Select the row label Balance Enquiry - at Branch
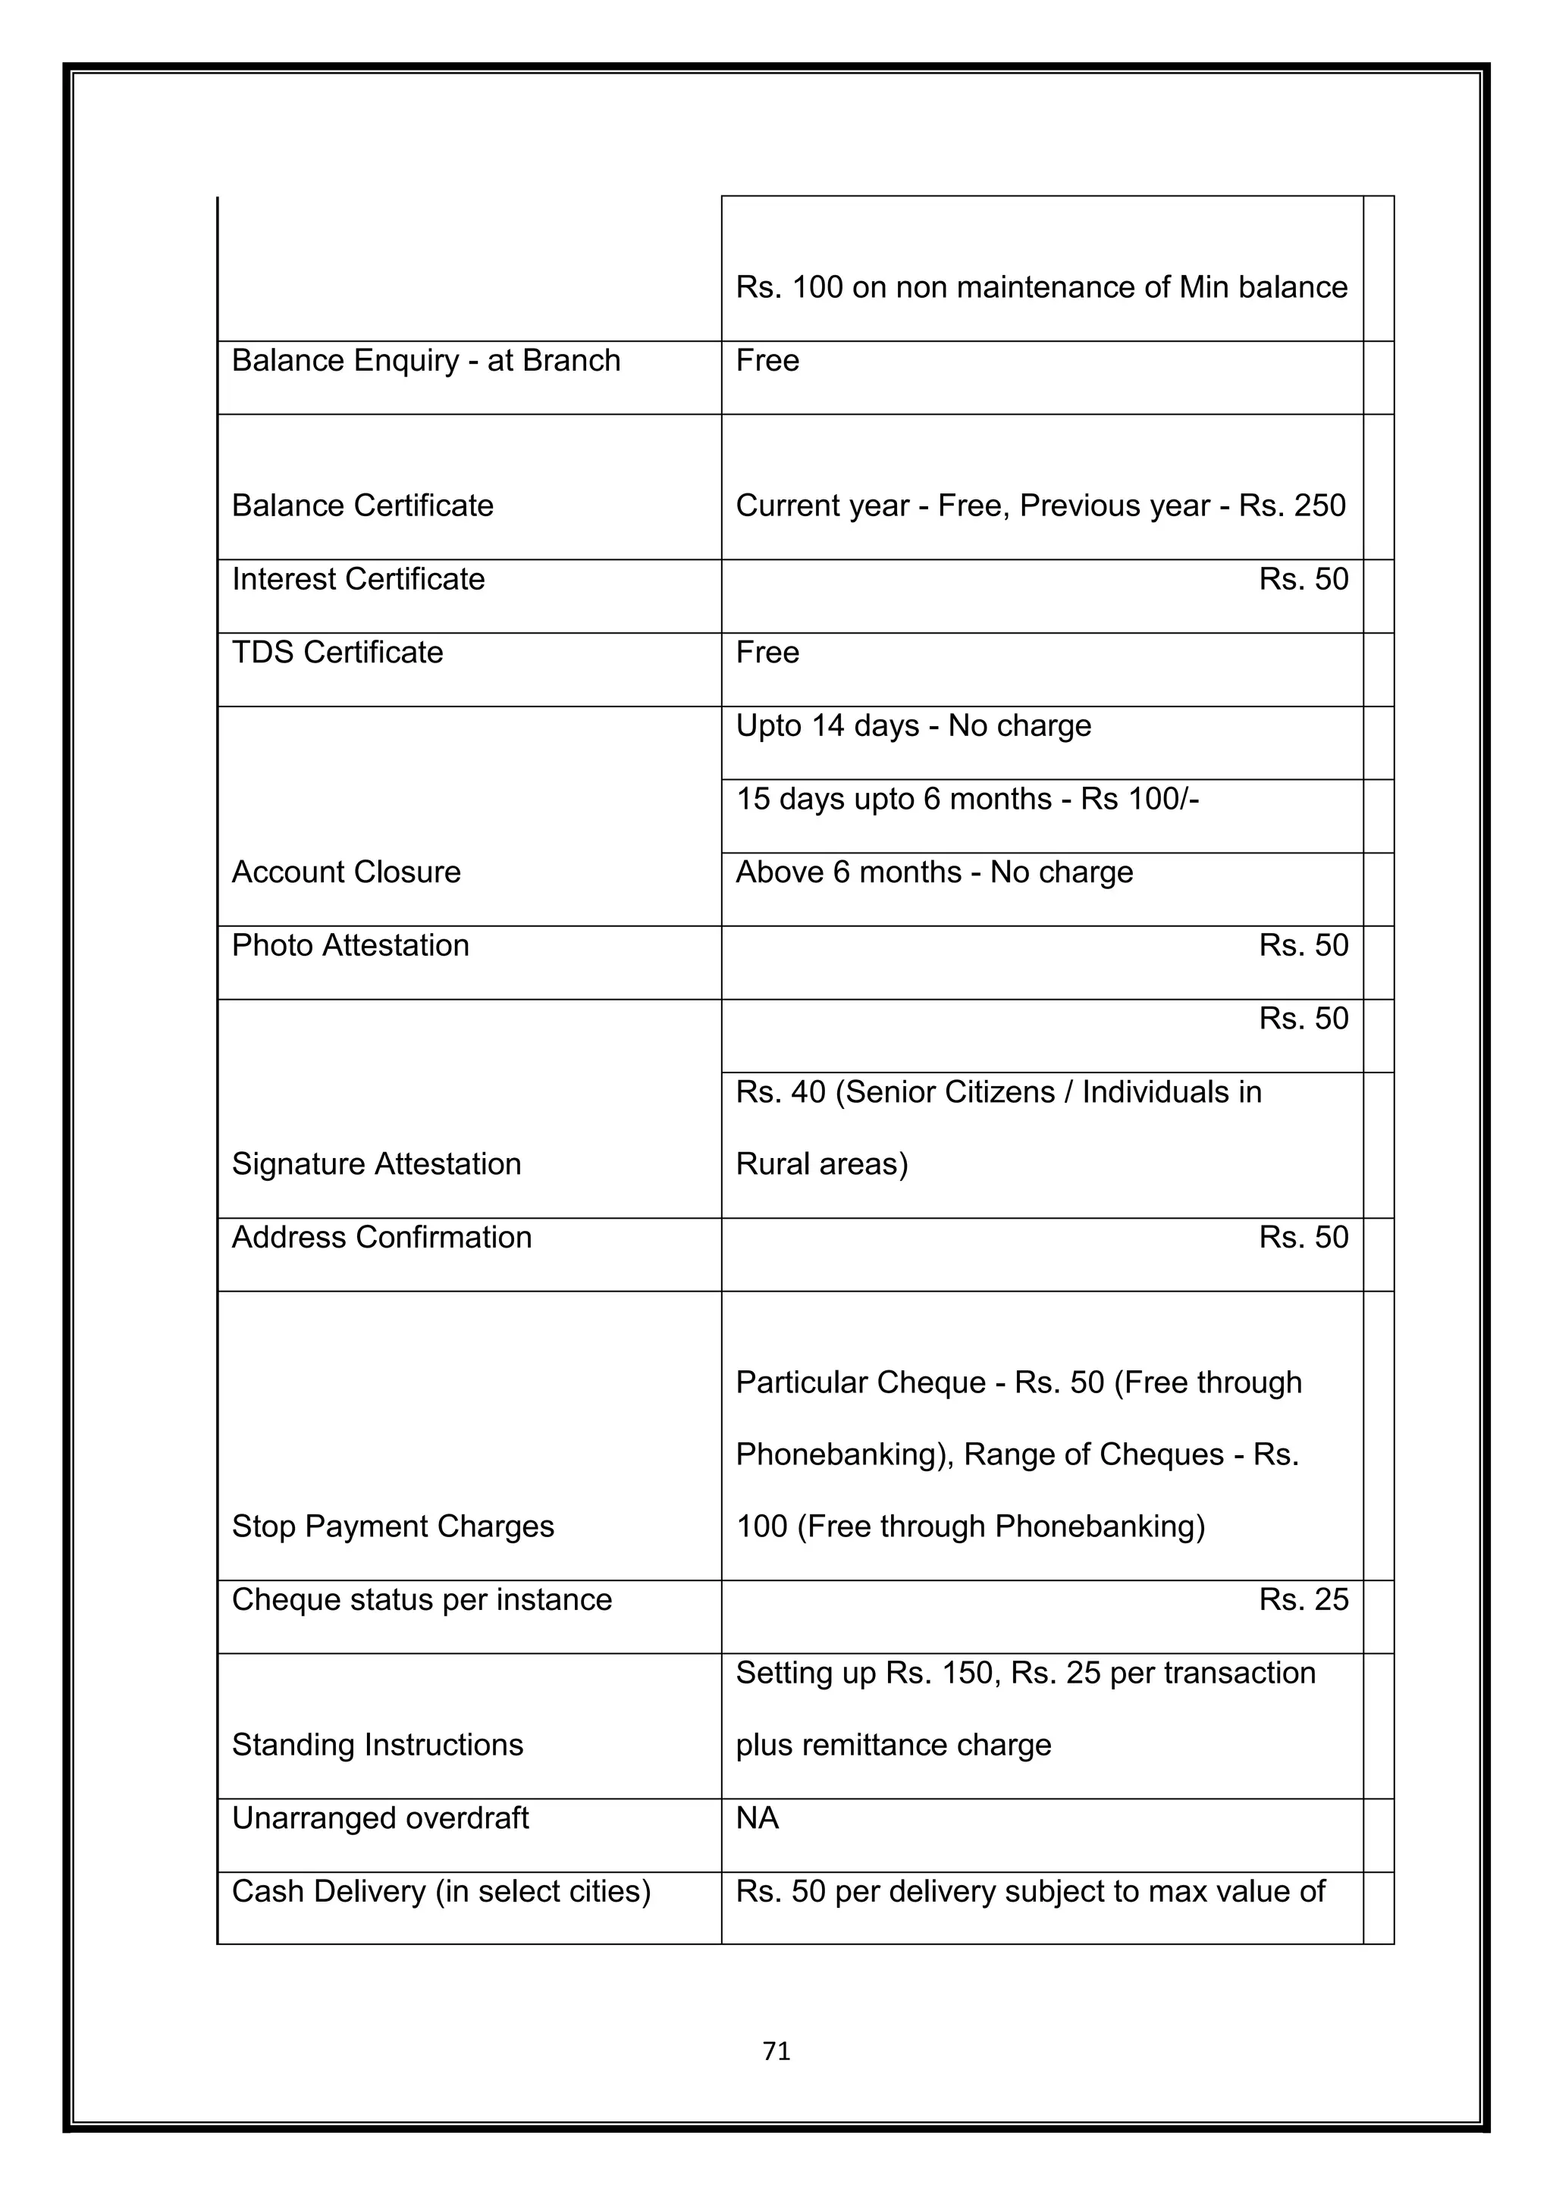pyautogui.click(x=425, y=361)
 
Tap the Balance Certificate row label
pyautogui.click(x=362, y=506)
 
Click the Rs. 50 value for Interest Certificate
pyautogui.click(x=1303, y=579)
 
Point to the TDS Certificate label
pyautogui.click(x=337, y=652)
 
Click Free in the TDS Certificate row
pyautogui.click(x=767, y=652)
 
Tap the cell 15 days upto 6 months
pyautogui.click(x=966, y=798)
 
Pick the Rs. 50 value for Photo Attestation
pyautogui.click(x=1303, y=945)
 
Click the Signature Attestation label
pyautogui.click(x=376, y=1163)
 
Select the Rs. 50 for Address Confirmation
pyautogui.click(x=1303, y=1237)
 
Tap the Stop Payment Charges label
pyautogui.click(x=392, y=1526)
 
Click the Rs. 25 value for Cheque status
pyautogui.click(x=1303, y=1599)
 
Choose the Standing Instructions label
pyautogui.click(x=377, y=1745)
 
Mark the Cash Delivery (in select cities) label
pyautogui.click(x=440, y=1891)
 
